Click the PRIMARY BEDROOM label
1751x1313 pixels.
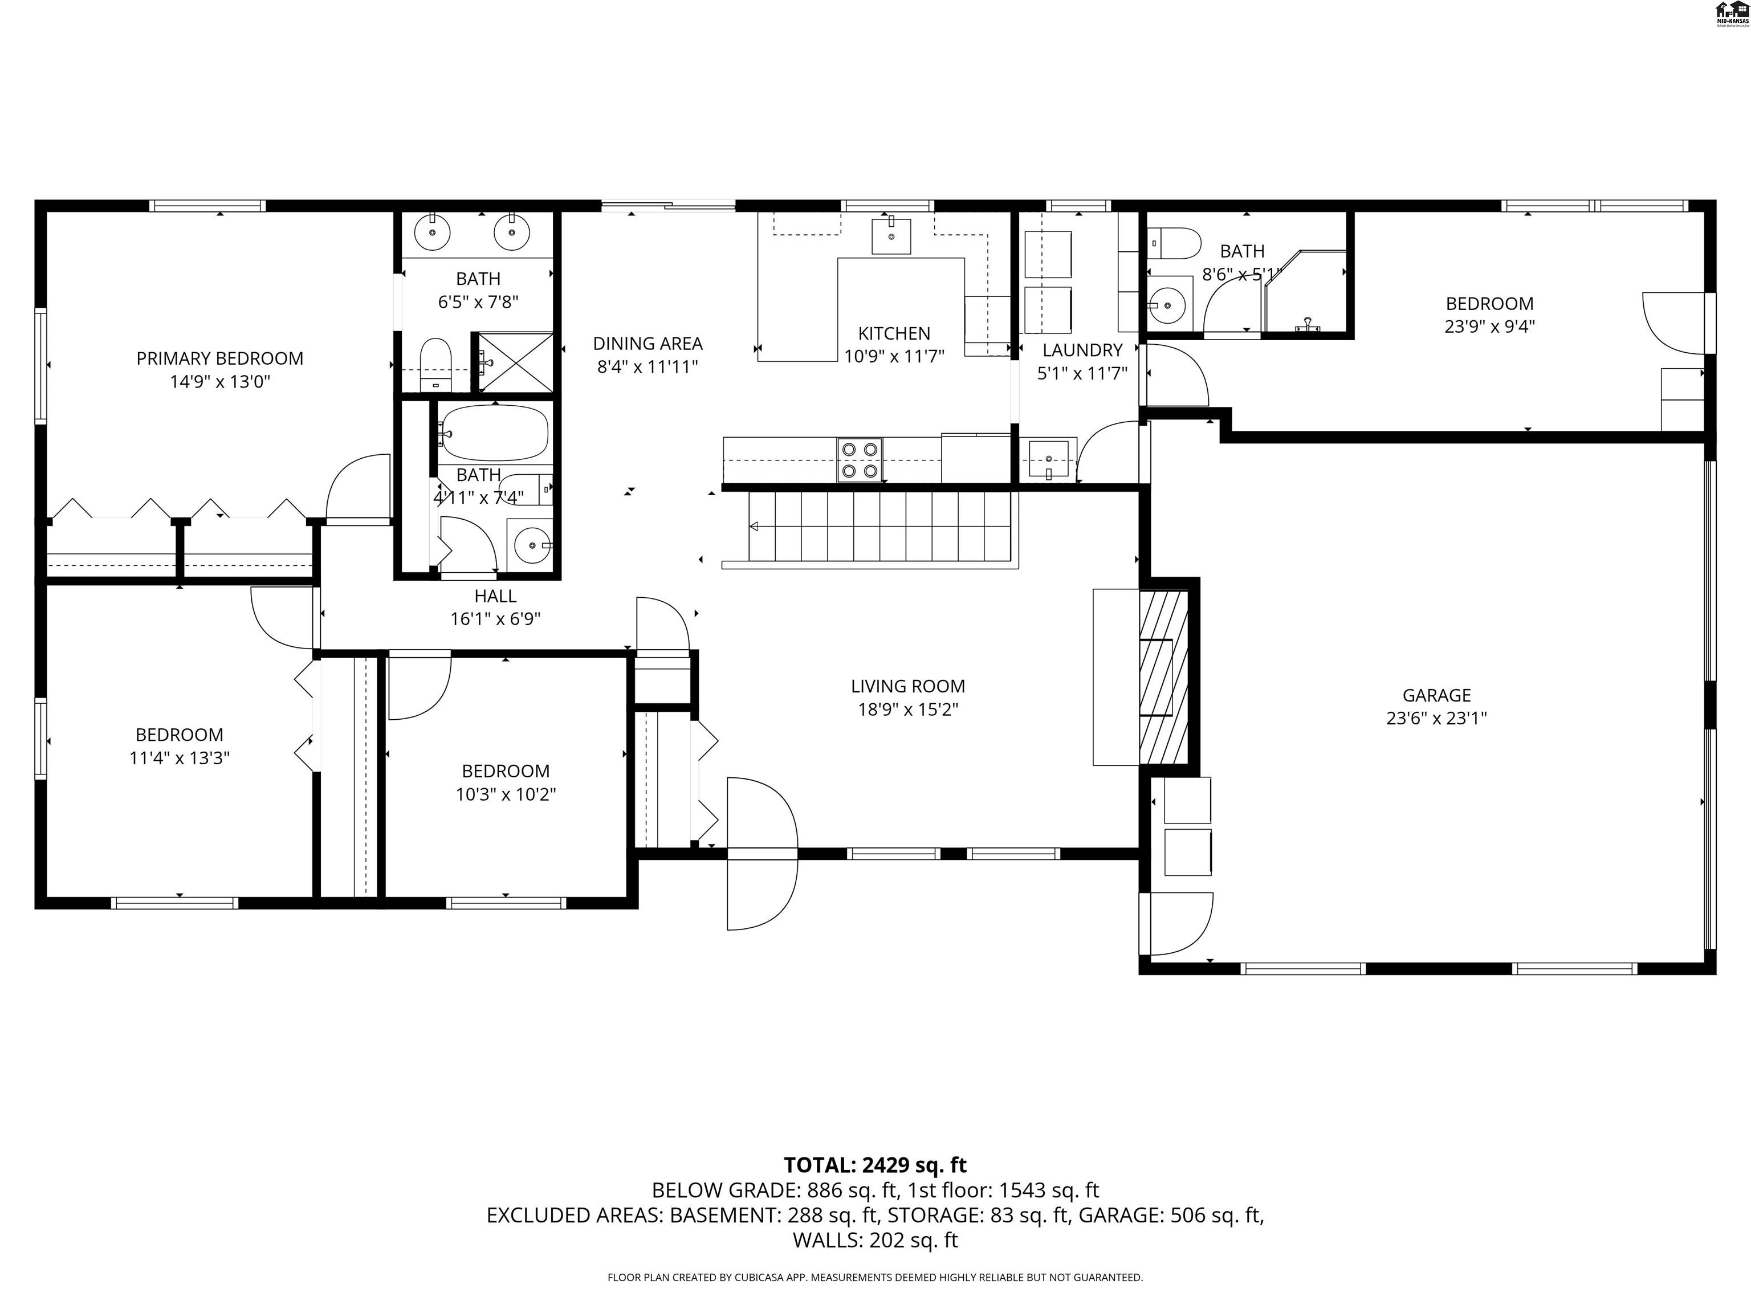219,358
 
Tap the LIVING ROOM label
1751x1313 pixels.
908,686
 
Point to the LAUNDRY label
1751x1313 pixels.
1082,350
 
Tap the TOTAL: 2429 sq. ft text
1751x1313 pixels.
875,1165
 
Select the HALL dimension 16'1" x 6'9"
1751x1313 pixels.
495,619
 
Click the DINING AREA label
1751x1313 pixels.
648,344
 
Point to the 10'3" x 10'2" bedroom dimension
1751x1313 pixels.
505,794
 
